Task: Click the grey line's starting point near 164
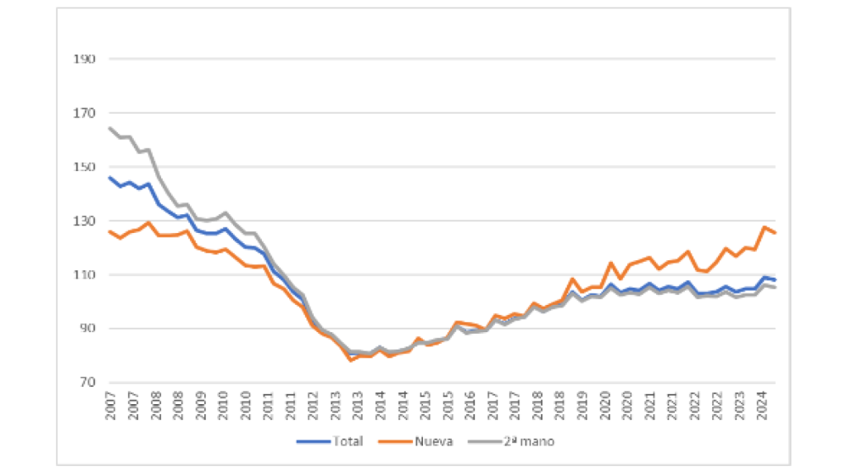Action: pos(110,128)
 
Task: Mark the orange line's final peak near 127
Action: pos(765,227)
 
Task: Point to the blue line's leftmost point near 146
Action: pos(110,177)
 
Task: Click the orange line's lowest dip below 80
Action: pos(350,360)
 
